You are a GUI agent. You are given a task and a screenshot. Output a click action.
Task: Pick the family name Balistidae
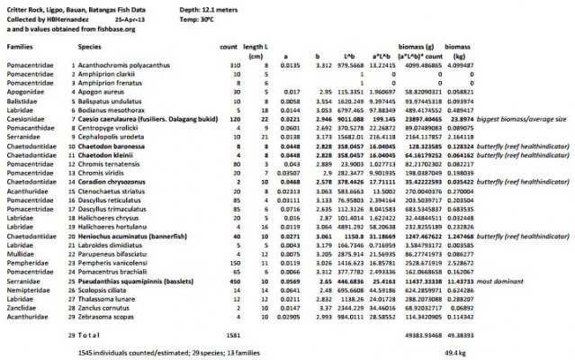point(20,101)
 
